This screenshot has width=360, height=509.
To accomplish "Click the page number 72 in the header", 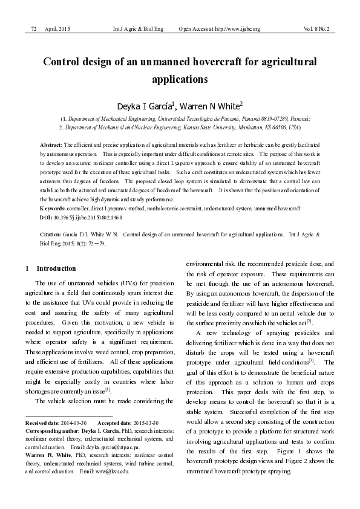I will pyautogui.click(x=34, y=29).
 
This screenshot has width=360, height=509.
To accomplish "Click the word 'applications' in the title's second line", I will pyautogui.click(x=180, y=79).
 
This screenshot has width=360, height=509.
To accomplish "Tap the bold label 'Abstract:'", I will pyautogui.click(x=51, y=146).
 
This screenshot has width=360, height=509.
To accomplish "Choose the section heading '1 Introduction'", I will pyautogui.click(x=51, y=268).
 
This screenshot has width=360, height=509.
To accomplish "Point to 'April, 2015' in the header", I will pyautogui.click(x=57, y=29).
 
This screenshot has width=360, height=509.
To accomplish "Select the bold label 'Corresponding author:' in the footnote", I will pyautogui.click(x=51, y=429).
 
